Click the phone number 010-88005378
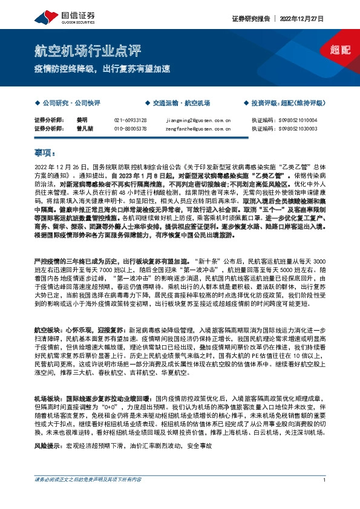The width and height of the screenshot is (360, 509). pyautogui.click(x=130, y=128)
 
